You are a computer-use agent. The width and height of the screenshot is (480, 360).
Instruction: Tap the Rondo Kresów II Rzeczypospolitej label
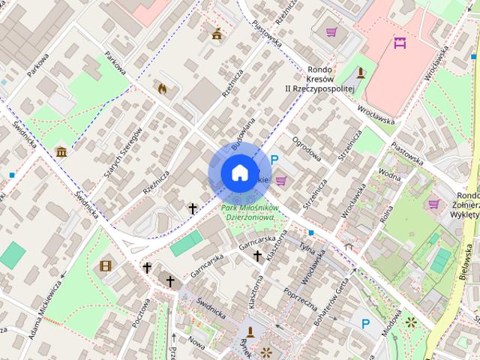pos(329,79)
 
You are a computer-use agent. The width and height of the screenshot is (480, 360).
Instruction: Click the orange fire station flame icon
pos(161,88)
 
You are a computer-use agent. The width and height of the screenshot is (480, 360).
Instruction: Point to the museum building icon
pos(61,152)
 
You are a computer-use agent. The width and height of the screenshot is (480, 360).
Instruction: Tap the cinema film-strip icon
pos(106,265)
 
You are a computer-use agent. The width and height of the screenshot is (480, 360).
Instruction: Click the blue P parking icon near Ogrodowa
pos(275,160)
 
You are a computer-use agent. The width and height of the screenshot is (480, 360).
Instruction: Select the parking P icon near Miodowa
pos(365,324)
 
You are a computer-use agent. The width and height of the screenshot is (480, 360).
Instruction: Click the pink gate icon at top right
pos(400,43)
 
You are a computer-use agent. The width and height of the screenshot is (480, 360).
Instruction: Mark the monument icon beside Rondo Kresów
pos(361,73)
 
